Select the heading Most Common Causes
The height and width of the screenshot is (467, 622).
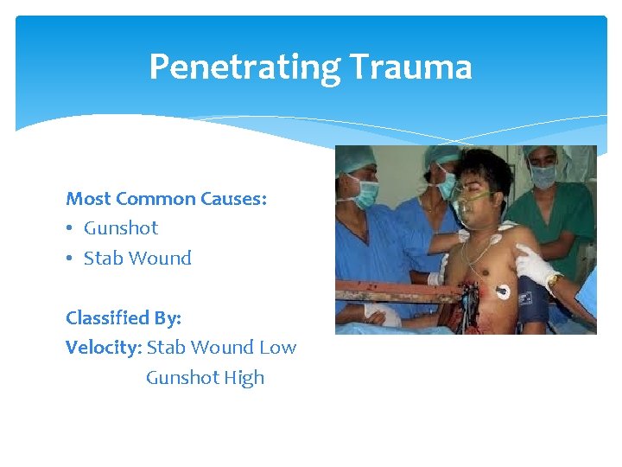(166, 199)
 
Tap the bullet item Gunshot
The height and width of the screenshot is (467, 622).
(121, 228)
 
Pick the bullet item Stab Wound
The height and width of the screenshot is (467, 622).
(137, 258)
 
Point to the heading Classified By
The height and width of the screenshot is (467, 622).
(124, 317)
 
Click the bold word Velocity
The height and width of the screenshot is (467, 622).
(103, 348)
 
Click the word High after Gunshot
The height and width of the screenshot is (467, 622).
(244, 378)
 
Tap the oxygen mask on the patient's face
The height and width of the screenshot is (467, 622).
(473, 207)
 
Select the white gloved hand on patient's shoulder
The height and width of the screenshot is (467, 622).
(532, 265)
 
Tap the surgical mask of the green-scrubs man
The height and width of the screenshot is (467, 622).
(543, 176)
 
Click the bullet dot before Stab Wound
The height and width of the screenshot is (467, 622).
(71, 259)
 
